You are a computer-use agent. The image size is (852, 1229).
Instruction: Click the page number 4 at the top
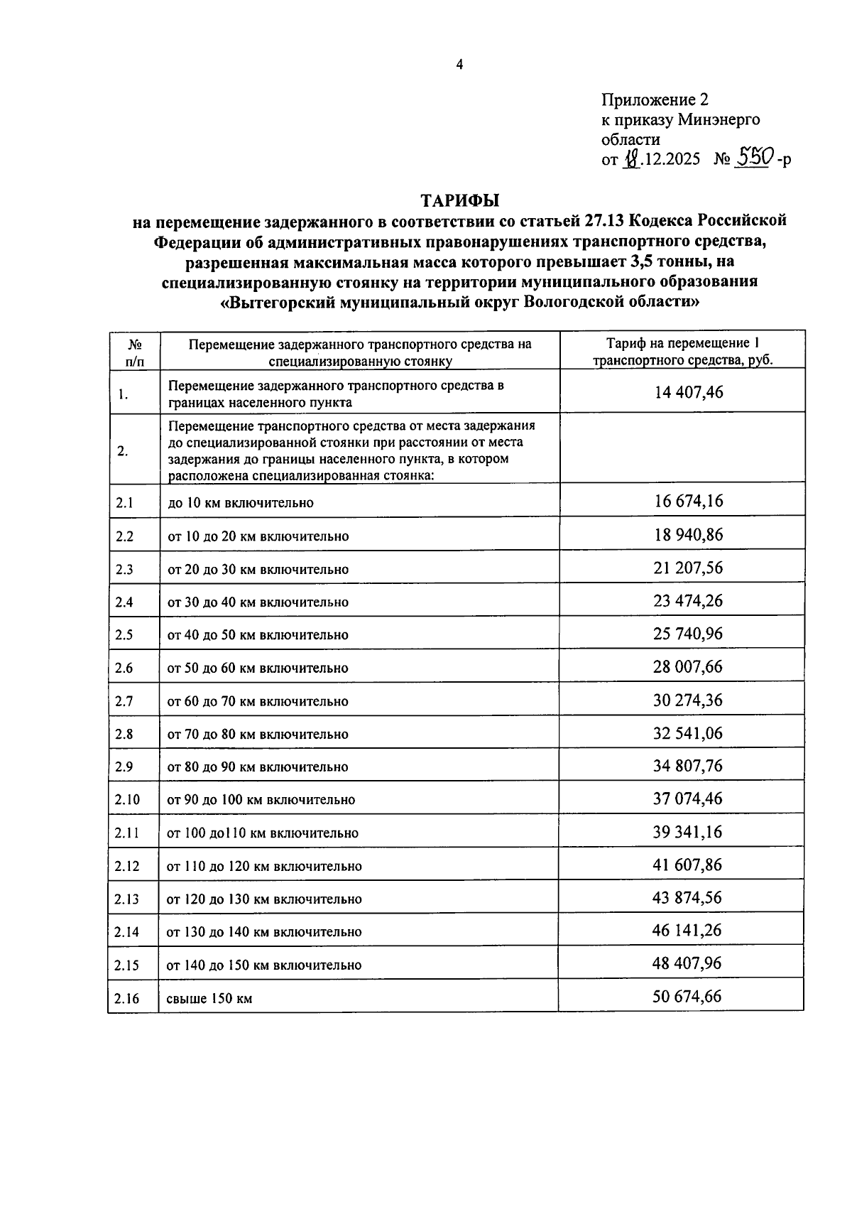tap(459, 65)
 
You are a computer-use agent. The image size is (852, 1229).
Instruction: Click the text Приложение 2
tap(655, 100)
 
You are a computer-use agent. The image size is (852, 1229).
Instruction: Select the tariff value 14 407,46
tap(688, 391)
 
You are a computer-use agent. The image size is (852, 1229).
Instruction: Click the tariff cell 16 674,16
tap(688, 502)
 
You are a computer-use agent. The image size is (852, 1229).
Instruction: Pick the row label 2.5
tap(124, 635)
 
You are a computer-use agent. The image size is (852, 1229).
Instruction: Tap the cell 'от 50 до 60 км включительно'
tap(258, 668)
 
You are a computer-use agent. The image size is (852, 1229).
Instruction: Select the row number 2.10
tap(127, 800)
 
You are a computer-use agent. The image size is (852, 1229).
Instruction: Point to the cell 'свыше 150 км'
tap(209, 999)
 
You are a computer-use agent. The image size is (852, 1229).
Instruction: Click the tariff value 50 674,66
tap(687, 997)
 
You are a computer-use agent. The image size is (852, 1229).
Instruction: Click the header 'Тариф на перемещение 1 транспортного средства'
tap(682, 351)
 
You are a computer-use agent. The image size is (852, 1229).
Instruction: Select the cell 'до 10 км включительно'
tap(240, 503)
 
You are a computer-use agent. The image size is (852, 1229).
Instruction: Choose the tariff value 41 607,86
tap(687, 865)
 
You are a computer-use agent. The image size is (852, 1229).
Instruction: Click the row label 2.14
tap(127, 932)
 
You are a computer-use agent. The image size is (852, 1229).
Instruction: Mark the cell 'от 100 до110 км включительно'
tap(262, 833)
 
